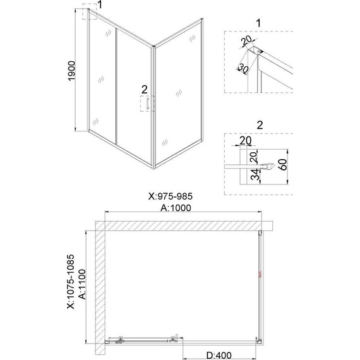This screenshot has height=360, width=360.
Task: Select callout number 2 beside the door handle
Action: pos(145,88)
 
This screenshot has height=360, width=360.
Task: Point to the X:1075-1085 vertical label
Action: pos(71,285)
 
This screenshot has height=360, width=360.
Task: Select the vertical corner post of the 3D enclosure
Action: pos(153,107)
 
